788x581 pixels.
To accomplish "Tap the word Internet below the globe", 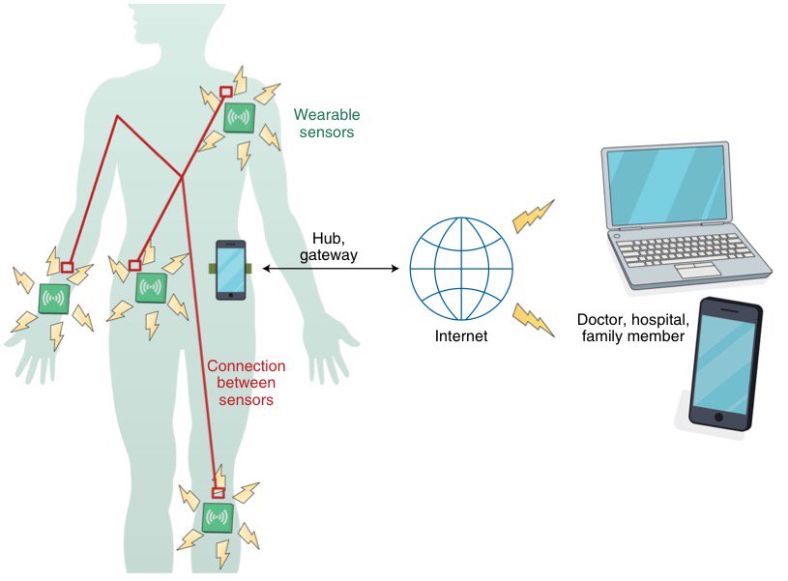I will point(461,337).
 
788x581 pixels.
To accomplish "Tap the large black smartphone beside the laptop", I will point(724,365).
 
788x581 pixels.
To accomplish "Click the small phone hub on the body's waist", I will point(230,268).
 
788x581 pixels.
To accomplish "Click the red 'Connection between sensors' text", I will point(247,383).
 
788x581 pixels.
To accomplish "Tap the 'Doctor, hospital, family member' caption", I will point(632,328).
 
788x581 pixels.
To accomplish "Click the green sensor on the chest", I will point(239,119).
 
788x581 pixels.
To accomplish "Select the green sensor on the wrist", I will point(54,298).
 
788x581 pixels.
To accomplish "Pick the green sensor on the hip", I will point(151,287).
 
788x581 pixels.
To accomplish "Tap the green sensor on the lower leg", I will point(218,518).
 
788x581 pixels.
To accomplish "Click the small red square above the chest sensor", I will point(225,92).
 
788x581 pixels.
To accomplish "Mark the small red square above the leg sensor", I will point(218,492).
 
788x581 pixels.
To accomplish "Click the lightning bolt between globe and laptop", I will point(533,216).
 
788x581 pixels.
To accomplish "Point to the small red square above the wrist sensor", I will point(67,267).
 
